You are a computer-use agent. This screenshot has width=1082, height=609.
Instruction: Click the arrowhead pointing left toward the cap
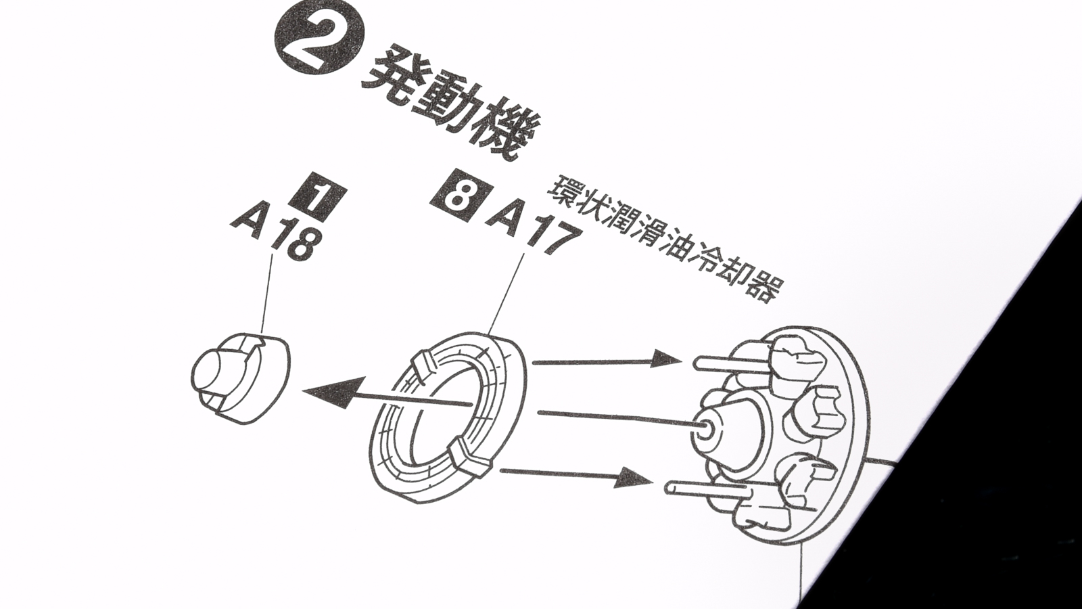tap(333, 392)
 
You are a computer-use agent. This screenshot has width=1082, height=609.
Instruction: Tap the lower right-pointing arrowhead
tap(634, 478)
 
